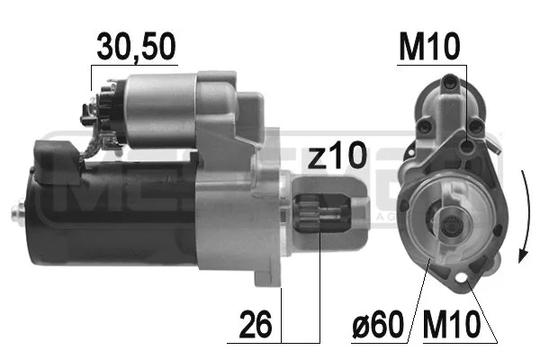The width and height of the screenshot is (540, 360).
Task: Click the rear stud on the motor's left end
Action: point(17,212)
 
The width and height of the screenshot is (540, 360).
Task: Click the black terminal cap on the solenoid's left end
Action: point(90,112)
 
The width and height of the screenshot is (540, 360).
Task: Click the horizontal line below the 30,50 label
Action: point(135,66)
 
